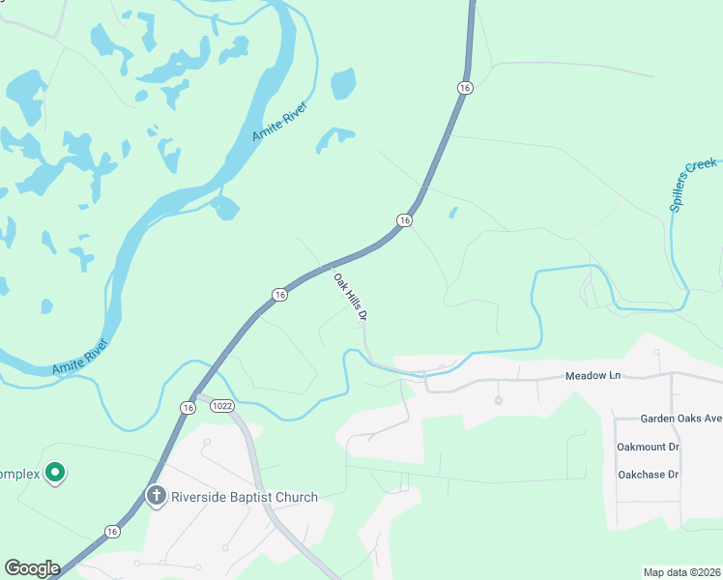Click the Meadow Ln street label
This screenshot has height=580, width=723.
[592, 375]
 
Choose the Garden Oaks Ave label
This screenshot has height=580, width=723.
[680, 419]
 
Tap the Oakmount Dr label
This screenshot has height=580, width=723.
[648, 447]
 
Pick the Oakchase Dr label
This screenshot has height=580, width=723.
[648, 475]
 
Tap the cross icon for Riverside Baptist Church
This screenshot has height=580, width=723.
[156, 497]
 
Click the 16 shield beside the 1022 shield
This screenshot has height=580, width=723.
[188, 409]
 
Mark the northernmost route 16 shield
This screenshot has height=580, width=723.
[466, 88]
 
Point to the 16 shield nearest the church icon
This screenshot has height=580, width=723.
[113, 532]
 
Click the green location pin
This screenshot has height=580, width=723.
[56, 473]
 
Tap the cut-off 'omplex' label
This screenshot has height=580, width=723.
[20, 474]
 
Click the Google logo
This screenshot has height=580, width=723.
[32, 567]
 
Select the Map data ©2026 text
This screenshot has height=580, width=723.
[681, 572]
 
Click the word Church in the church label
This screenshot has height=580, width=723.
[295, 497]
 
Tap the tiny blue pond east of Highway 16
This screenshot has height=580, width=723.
[452, 213]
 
